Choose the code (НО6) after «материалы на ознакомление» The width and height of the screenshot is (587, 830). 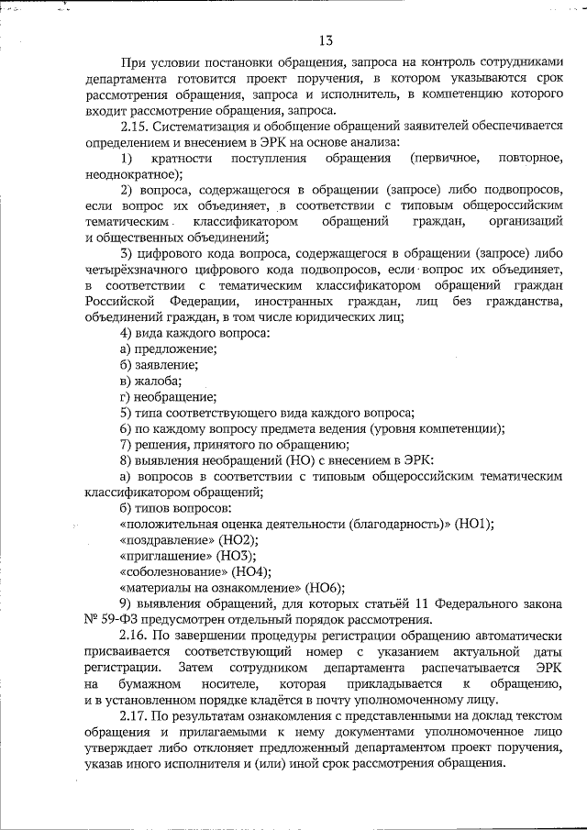[x=324, y=587]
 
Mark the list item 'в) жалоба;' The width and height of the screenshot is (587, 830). [x=150, y=381]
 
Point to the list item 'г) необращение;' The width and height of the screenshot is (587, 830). [x=168, y=396]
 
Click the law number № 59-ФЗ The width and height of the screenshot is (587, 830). [x=102, y=619]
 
